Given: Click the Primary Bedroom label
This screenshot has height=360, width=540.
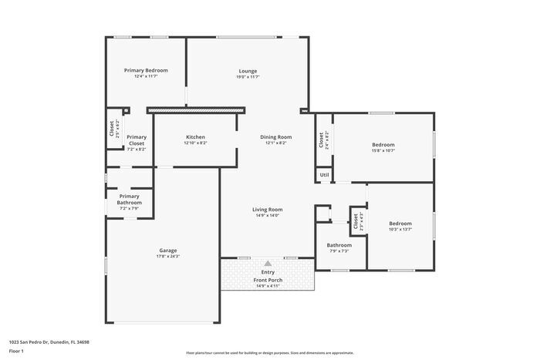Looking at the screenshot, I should (x=146, y=70).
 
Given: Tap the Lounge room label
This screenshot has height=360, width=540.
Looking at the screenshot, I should (x=247, y=71).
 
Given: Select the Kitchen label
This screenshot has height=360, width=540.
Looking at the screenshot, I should (x=195, y=137).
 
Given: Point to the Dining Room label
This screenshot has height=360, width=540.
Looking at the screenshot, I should (x=276, y=137).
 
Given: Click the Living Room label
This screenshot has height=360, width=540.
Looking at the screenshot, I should (x=268, y=209).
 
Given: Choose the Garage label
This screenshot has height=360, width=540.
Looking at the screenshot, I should (x=168, y=250).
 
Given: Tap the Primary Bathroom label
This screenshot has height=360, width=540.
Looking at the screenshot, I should (x=130, y=199).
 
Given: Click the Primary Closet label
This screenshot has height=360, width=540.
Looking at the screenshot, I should (x=137, y=141).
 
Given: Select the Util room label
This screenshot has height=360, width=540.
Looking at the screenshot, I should (x=324, y=175).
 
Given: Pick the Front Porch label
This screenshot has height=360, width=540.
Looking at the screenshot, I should (x=268, y=280).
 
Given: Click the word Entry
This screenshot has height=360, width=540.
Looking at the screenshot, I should (x=268, y=272).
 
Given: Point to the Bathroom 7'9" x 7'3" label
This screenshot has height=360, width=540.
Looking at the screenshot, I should (x=339, y=245).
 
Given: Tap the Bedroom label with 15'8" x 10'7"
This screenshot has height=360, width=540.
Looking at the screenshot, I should (x=383, y=144).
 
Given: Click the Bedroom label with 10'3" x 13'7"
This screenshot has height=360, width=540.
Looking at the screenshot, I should (x=400, y=224).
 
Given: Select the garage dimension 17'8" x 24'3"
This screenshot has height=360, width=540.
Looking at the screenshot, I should (x=168, y=256).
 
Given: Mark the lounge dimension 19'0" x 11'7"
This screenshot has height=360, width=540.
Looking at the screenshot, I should (x=247, y=77).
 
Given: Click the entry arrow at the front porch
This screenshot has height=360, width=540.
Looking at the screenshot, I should (x=268, y=263).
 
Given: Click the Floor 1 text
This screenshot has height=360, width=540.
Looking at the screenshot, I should (x=16, y=351).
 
